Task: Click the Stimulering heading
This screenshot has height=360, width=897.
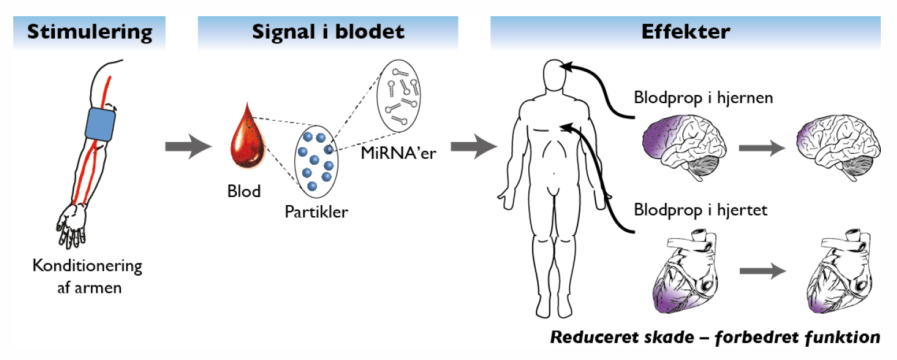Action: [90, 32]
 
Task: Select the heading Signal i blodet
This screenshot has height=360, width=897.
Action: [328, 32]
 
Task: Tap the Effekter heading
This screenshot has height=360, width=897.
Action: [685, 32]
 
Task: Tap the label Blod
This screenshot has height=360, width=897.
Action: [243, 191]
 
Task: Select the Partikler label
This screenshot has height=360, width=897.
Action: [316, 211]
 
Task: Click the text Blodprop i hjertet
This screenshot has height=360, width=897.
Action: [700, 209]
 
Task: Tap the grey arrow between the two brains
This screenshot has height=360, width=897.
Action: [762, 147]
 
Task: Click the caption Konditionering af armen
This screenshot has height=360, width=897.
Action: [87, 276]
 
